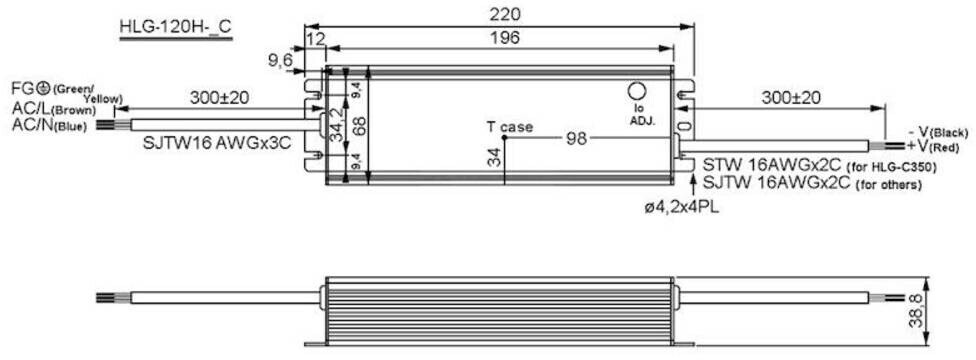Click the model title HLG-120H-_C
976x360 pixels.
point(176,29)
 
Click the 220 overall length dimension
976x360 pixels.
point(504,14)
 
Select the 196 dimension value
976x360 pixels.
point(504,38)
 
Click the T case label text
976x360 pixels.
point(510,128)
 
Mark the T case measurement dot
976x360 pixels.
point(504,137)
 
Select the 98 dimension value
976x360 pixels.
point(577,138)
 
